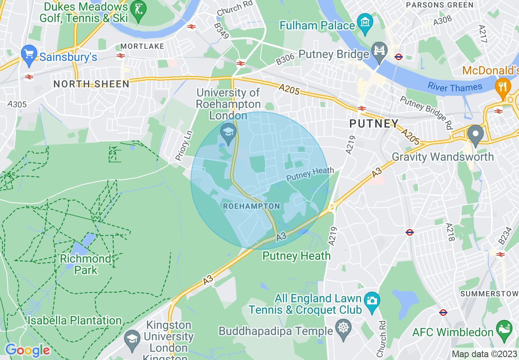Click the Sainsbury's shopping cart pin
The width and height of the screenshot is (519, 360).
29,55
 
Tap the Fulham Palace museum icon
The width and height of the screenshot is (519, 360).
365,24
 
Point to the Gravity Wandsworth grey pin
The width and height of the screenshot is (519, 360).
475,135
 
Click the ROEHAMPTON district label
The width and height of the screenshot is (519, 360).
251,207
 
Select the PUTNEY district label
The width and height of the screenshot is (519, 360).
374,124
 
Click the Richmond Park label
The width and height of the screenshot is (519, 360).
86,264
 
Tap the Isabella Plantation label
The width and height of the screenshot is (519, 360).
74,320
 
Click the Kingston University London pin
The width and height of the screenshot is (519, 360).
132,340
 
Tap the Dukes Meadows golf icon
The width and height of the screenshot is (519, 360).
138,9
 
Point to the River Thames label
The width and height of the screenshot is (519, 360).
455,87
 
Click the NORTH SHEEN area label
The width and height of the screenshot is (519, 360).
91,84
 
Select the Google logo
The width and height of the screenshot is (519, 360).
27,350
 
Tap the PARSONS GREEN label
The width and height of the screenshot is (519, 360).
439,5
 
